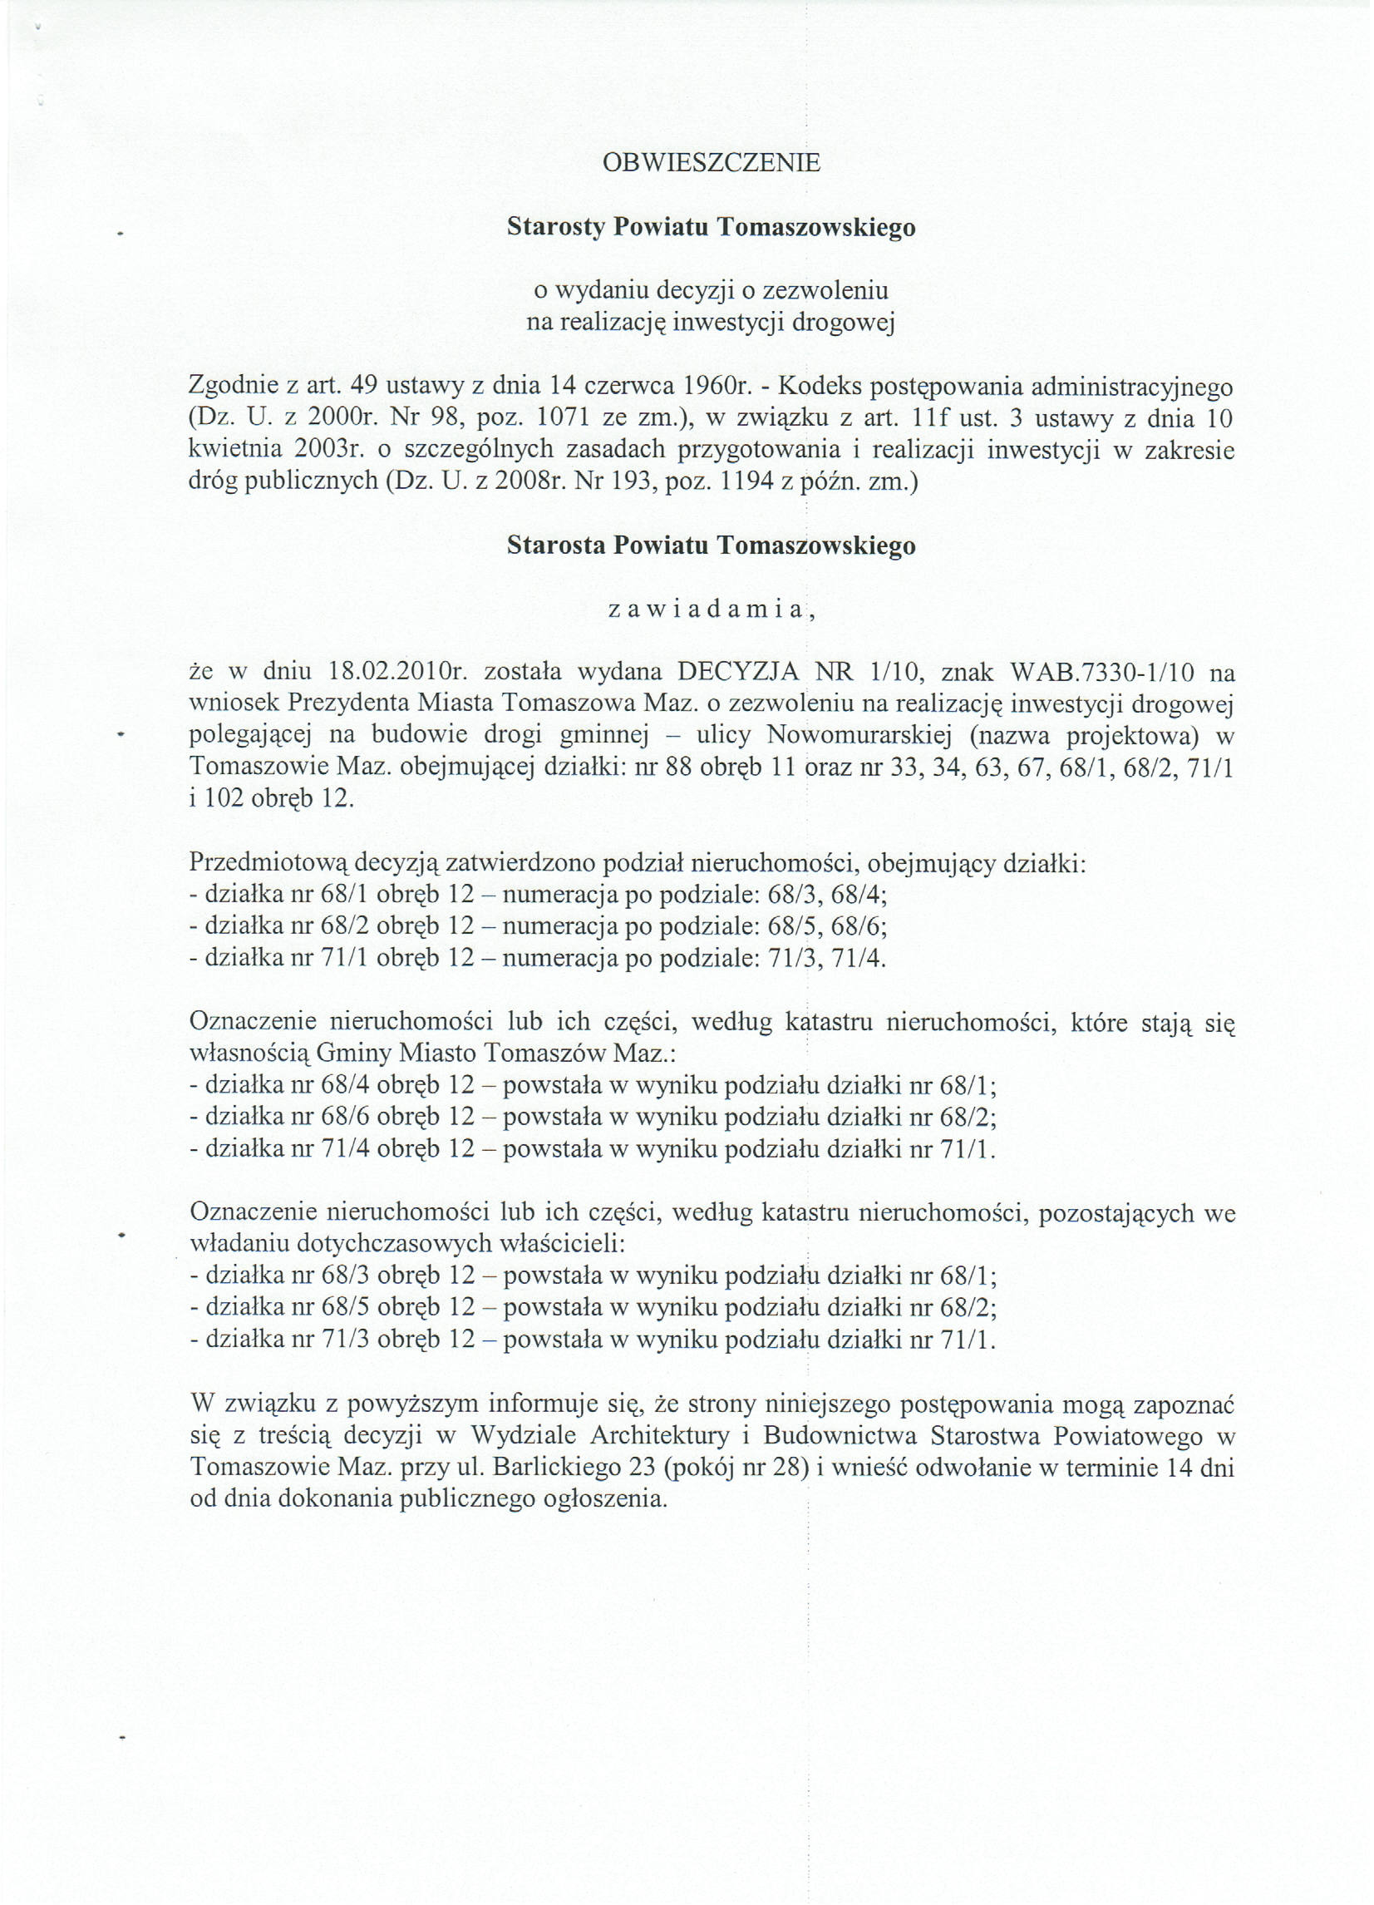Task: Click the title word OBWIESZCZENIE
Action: pos(712,162)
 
